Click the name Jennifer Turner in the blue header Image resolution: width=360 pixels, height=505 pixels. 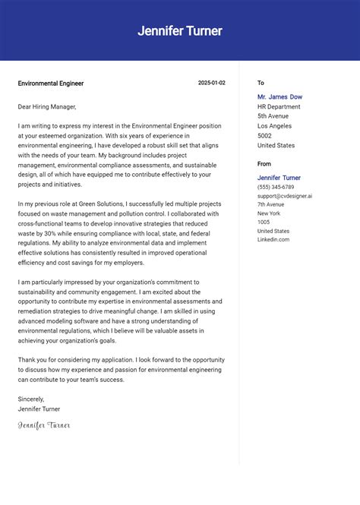coord(180,31)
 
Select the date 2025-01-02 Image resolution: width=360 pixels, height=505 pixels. coord(211,83)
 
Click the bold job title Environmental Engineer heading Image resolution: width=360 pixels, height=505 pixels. coord(51,84)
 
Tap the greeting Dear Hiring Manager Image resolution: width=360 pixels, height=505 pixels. coord(47,107)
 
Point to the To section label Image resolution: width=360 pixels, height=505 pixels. coord(261,83)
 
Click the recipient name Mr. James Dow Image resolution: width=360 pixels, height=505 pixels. coord(279,97)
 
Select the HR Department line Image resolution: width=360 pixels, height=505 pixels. coord(279,107)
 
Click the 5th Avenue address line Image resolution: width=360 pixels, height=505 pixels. coord(273,116)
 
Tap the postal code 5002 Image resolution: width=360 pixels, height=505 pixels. coord(265,135)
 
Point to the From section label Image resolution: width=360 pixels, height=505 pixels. coord(264,163)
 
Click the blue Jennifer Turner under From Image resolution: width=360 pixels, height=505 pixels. coord(279,178)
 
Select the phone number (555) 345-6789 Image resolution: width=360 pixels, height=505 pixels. coord(276,187)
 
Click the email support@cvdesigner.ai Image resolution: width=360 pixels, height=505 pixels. coord(284,196)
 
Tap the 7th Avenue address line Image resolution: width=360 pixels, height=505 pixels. coord(270,204)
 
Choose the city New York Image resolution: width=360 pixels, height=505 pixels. coord(269,213)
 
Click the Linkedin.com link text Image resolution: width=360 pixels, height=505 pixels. coord(273,239)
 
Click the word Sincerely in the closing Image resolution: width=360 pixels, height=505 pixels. coord(31,399)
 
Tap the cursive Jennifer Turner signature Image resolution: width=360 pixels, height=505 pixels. coord(44,425)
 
